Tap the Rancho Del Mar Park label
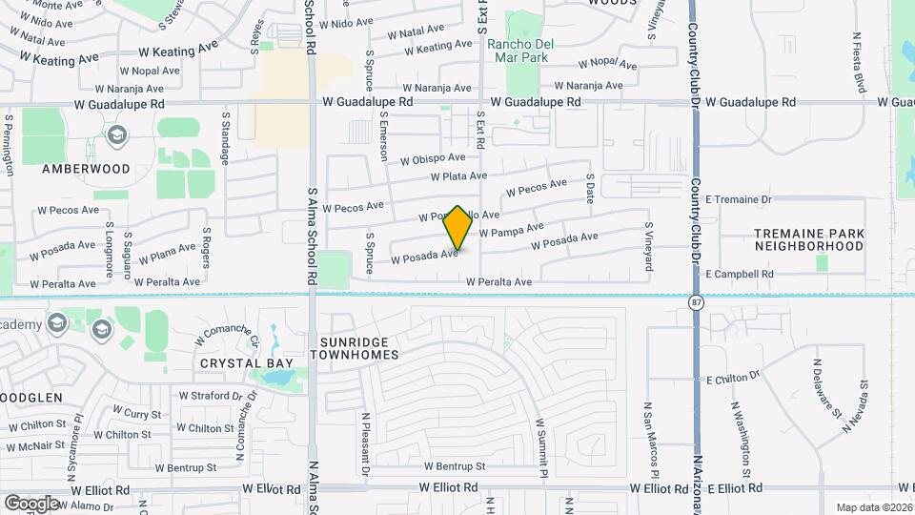(x=518, y=51)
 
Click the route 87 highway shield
(x=696, y=301)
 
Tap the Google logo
(x=31, y=503)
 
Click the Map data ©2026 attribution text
(x=873, y=507)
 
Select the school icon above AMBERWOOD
(x=117, y=136)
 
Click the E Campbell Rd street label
(x=739, y=274)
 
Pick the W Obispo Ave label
(x=433, y=158)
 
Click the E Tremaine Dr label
(x=738, y=199)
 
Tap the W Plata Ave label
(x=458, y=176)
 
